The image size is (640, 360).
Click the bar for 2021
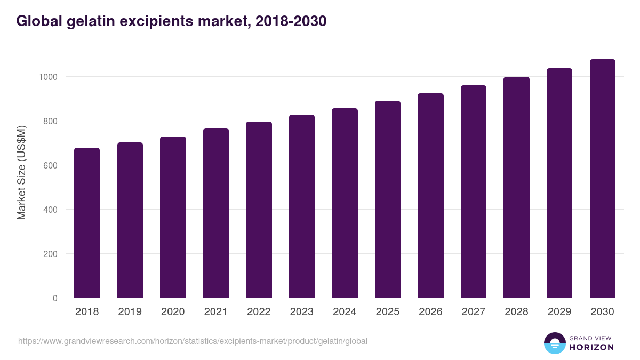(216, 213)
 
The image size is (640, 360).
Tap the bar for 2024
(345, 203)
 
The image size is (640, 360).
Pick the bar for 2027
(474, 191)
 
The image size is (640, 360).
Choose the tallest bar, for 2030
(602, 179)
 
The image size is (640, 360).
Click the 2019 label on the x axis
(130, 312)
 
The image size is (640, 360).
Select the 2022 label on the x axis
(259, 312)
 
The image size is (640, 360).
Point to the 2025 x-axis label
(388, 312)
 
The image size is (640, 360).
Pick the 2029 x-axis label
(559, 312)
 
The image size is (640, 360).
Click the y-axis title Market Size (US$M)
(21, 172)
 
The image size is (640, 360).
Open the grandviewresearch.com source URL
(193, 341)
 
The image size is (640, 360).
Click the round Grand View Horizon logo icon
(555, 343)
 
